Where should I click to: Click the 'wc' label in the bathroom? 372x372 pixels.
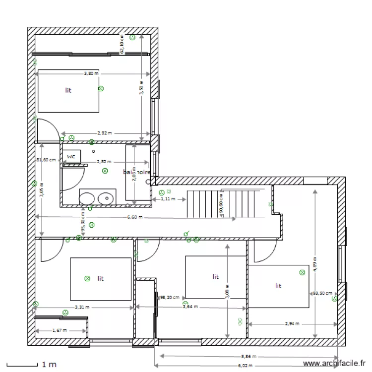[71, 156]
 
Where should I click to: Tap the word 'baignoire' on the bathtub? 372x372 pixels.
[136, 172]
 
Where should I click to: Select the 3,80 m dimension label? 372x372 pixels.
[91, 73]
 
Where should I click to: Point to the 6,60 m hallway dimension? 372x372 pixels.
[134, 217]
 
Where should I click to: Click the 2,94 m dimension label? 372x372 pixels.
[292, 324]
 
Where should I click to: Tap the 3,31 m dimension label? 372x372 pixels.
[82, 307]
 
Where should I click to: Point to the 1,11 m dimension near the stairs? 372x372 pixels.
[169, 199]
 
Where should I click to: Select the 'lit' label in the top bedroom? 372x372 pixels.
[68, 91]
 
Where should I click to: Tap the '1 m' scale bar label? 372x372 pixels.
[49, 365]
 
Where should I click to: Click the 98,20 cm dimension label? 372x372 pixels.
[169, 298]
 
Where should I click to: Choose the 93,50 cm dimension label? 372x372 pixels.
[322, 293]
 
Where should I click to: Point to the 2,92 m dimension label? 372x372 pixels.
[104, 133]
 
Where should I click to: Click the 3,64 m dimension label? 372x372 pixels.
[189, 307]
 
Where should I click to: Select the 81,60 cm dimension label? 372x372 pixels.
[45, 160]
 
